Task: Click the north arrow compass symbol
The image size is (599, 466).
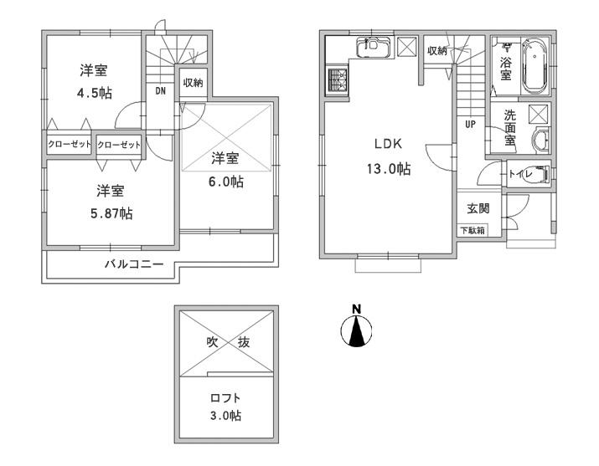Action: tap(356, 329)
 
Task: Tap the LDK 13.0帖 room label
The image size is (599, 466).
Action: tap(386, 155)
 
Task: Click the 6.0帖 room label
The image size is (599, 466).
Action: tap(226, 169)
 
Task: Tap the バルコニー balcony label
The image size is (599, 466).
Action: tap(134, 264)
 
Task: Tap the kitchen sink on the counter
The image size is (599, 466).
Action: tap(372, 49)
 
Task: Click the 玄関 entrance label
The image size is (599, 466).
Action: tap(467, 209)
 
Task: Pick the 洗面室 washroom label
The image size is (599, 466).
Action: tap(509, 130)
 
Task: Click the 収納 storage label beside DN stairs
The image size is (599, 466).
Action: tap(193, 82)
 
